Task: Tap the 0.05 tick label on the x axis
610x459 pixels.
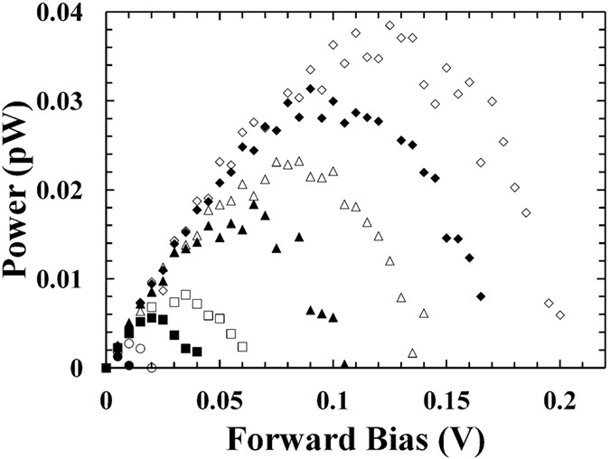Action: [x=220, y=399]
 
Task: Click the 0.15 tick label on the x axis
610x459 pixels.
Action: [x=446, y=399]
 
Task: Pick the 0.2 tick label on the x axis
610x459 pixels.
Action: [x=560, y=399]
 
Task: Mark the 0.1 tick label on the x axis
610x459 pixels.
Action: [x=333, y=399]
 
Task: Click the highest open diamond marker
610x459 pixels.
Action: [x=389, y=25]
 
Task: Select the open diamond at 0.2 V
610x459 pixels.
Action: [x=560, y=314]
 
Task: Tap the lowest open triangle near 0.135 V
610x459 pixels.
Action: [x=412, y=352]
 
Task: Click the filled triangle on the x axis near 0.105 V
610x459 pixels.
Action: [x=343, y=365]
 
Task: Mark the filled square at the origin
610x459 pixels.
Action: [x=106, y=367]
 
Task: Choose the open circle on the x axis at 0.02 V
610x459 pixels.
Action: [x=151, y=368]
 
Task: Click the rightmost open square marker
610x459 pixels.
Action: [x=242, y=346]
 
